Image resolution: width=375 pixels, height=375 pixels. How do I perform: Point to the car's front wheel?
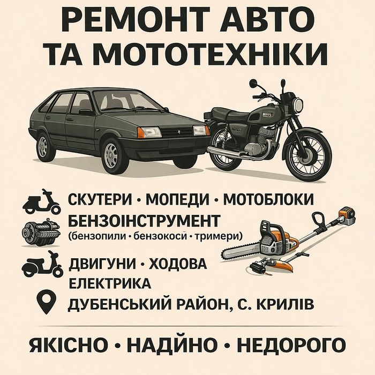click(x=111, y=155)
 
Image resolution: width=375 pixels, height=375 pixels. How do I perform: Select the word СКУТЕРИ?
click(x=100, y=199)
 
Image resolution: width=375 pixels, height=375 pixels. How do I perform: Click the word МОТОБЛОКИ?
click(x=268, y=199)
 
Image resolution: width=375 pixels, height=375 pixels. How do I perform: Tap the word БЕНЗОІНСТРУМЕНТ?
click(x=144, y=221)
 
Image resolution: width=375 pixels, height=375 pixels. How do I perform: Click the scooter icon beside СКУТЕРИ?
click(x=41, y=202)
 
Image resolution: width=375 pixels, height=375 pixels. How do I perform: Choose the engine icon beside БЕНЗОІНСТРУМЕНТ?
click(x=40, y=232)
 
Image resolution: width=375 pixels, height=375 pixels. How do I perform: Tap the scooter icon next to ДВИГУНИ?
click(x=42, y=264)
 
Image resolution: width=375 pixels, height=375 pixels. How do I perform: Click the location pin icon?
click(x=46, y=302)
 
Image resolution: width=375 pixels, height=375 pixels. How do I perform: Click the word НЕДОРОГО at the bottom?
click(x=291, y=345)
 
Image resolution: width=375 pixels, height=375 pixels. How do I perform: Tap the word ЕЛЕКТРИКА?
click(x=110, y=283)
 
